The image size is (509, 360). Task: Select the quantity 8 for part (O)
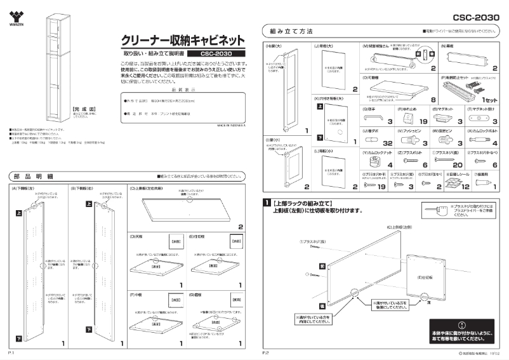[x=433, y=100]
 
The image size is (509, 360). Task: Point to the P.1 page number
[x=11, y=351]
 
